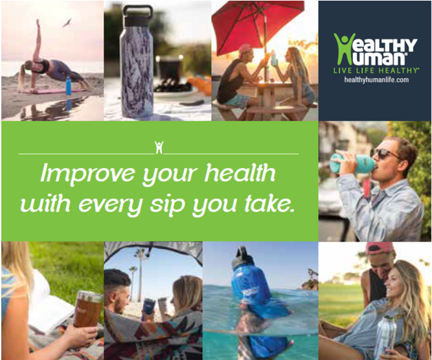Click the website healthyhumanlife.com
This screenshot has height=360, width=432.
[376, 80]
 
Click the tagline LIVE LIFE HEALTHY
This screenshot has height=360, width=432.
[376, 71]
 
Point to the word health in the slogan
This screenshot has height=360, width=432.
[240, 173]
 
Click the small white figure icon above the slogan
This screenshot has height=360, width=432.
[159, 148]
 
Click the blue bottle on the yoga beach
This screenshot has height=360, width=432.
[68, 85]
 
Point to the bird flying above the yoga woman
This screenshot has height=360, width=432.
[67, 23]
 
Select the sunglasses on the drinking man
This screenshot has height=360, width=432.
[383, 153]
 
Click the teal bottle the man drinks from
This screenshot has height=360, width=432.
[353, 164]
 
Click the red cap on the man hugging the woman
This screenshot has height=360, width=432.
[380, 248]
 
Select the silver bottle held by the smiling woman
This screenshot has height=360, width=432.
[385, 337]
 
